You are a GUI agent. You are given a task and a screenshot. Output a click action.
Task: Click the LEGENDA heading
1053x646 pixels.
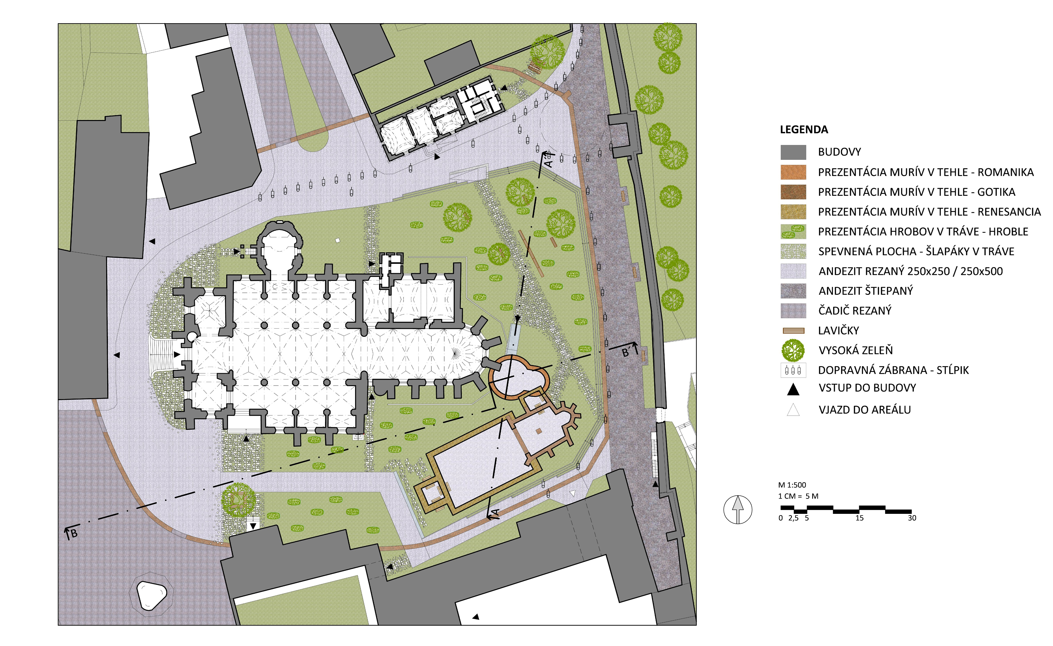click(804, 130)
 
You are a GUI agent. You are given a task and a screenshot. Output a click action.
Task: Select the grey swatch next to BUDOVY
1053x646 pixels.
click(793, 152)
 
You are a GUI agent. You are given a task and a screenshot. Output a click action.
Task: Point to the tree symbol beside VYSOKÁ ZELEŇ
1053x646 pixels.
click(793, 350)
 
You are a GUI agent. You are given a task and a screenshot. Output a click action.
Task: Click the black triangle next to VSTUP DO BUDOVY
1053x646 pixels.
click(793, 389)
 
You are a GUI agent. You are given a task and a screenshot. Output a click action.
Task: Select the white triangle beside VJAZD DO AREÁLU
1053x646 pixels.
click(793, 410)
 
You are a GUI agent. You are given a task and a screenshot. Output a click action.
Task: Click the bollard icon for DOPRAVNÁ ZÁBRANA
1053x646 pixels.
click(793, 370)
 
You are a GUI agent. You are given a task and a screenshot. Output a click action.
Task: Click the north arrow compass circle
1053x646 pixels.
click(738, 510)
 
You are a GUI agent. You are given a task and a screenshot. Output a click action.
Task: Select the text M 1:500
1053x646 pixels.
click(792, 485)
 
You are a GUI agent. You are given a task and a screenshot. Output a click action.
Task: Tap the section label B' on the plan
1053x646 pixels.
click(626, 353)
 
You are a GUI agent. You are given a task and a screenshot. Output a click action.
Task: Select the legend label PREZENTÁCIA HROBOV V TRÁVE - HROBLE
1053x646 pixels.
click(923, 232)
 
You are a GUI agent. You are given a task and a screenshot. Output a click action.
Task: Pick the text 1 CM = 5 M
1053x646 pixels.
click(798, 496)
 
